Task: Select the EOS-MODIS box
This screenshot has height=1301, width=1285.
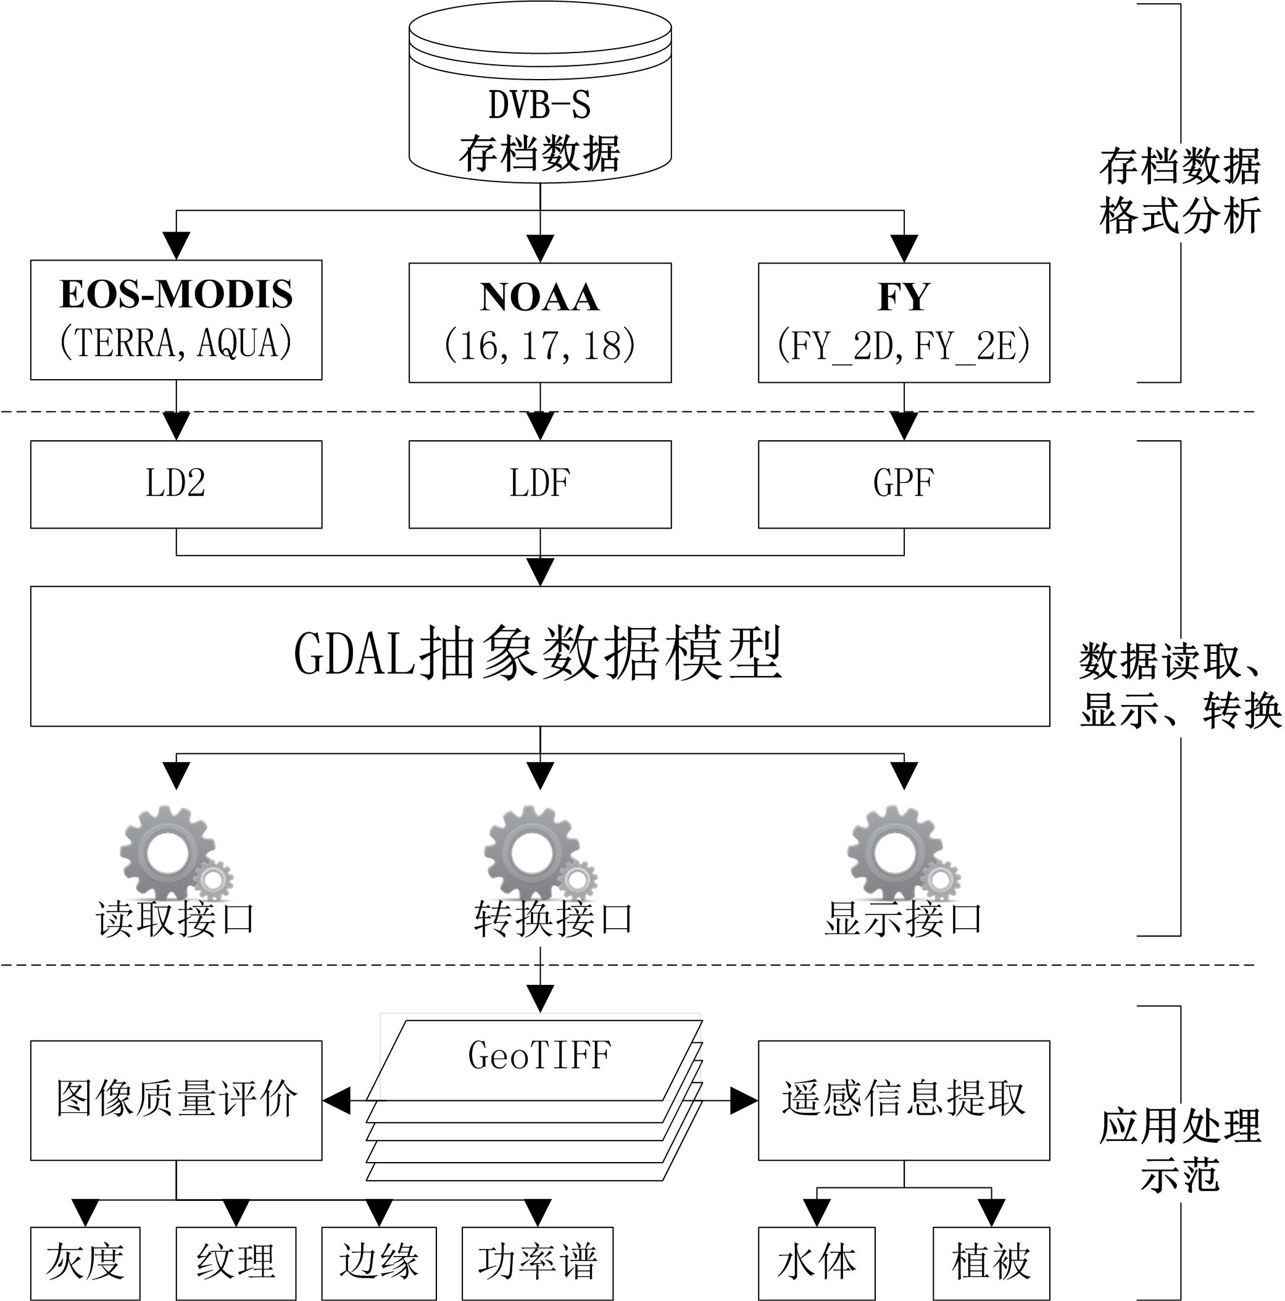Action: [x=176, y=320]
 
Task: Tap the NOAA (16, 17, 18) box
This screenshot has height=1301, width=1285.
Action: [x=540, y=322]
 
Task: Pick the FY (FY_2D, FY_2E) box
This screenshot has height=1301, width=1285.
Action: [x=904, y=322]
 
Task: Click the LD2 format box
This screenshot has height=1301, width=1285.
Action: [x=176, y=484]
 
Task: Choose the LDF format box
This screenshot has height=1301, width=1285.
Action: [x=540, y=484]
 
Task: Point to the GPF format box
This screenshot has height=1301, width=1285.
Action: [x=904, y=484]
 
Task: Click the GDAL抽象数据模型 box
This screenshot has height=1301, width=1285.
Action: [x=540, y=656]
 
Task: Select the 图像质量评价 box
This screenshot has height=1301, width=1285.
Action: [x=176, y=1100]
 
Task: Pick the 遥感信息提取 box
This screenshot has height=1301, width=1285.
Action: [x=904, y=1100]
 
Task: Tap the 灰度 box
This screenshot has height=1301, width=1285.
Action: [x=85, y=1263]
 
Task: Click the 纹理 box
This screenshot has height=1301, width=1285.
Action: [x=236, y=1263]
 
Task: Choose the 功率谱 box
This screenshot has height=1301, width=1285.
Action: [x=537, y=1263]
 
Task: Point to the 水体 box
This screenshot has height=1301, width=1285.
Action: [x=817, y=1263]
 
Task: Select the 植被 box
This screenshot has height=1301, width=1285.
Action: [x=991, y=1263]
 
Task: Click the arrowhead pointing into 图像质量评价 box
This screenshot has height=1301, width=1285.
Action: [x=336, y=1100]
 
